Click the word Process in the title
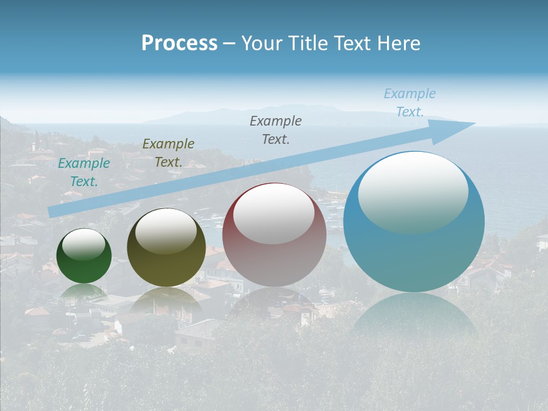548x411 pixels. click(179, 43)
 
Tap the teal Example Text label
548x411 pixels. click(84, 172)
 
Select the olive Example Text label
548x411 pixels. click(168, 153)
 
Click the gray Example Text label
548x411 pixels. click(276, 130)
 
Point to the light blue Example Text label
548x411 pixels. click(410, 103)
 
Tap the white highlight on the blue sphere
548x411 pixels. click(413, 192)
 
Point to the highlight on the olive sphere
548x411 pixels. click(166, 231)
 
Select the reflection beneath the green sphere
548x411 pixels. click(84, 292)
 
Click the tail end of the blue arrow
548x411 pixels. click(53, 212)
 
